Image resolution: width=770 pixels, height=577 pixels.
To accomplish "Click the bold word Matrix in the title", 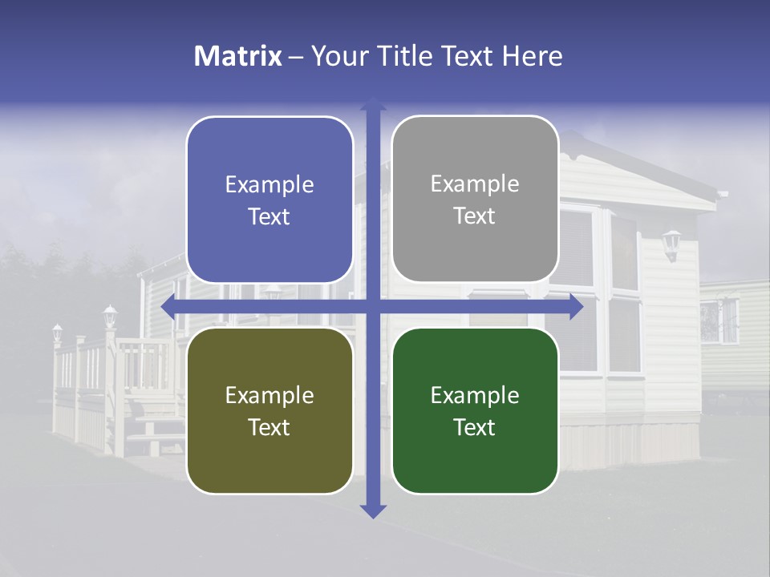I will (237, 56).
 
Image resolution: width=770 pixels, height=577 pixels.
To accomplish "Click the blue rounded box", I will (269, 200).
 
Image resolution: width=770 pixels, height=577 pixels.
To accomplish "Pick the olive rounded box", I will (269, 410).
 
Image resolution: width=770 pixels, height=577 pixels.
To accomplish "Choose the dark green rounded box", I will (475, 410).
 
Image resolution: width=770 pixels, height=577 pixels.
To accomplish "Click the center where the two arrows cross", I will (372, 306).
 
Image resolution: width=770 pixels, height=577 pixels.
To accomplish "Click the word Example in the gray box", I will (475, 184).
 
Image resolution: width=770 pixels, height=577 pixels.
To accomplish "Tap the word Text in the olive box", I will (269, 427).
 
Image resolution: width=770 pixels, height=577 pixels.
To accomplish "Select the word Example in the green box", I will (475, 395).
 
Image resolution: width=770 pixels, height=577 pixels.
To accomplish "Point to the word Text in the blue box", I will (269, 216).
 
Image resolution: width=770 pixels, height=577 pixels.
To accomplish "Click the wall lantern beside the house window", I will (671, 244).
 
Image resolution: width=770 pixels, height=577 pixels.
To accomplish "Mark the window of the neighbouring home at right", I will (719, 321).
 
